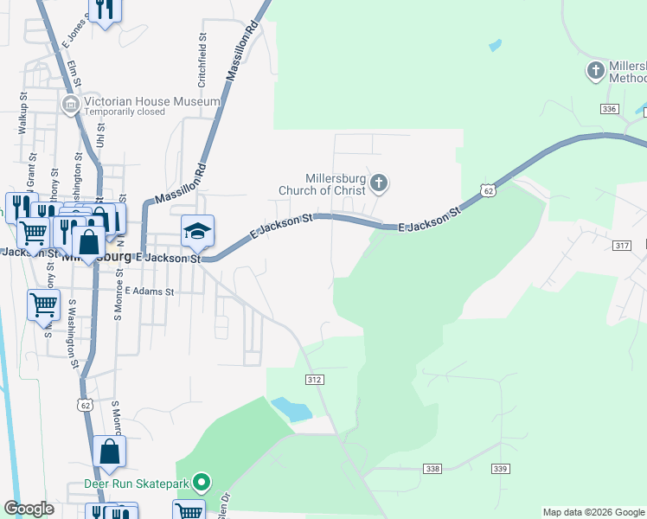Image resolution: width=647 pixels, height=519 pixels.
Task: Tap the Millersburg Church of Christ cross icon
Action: click(379, 183)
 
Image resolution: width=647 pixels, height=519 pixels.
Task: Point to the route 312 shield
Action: click(315, 380)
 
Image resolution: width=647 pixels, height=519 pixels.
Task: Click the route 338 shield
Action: click(433, 468)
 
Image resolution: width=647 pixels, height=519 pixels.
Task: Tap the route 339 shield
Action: click(500, 468)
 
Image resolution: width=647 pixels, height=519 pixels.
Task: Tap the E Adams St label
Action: click(150, 292)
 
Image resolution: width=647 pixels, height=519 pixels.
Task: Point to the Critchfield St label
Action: click(202, 61)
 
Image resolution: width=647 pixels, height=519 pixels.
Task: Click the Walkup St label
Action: click(22, 112)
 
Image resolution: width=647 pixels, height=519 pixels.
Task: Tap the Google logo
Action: click(29, 509)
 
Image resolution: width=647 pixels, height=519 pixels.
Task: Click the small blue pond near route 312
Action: click(291, 408)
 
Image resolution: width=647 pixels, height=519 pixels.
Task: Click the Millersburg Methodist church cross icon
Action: click(595, 70)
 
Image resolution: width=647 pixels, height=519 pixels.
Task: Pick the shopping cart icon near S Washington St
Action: click(43, 305)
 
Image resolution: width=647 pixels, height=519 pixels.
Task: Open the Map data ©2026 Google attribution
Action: click(593, 512)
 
